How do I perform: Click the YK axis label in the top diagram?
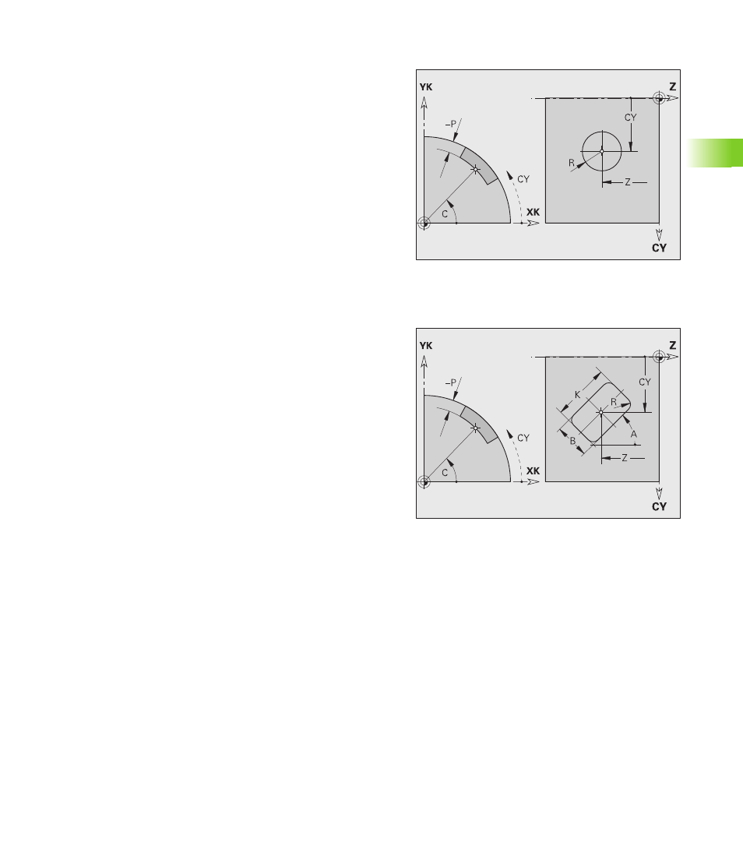(426, 87)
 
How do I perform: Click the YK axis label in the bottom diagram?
(426, 346)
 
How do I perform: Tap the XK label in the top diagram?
(533, 212)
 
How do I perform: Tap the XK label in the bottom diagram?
(533, 471)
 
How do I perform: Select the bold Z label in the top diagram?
(673, 86)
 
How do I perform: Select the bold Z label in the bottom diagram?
(673, 346)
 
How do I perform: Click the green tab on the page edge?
(715, 153)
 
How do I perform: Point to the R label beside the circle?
(572, 163)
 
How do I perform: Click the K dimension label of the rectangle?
(577, 395)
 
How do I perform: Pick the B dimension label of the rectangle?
(572, 441)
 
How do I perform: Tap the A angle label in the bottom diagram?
(634, 435)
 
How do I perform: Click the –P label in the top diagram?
(451, 124)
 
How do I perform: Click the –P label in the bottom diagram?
(451, 382)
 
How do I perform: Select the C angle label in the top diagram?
(445, 214)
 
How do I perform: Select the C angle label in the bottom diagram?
(445, 473)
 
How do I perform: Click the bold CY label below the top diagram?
(659, 248)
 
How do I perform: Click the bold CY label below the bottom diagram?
(659, 507)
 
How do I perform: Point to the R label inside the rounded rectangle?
(614, 402)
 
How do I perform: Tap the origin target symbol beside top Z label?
(659, 98)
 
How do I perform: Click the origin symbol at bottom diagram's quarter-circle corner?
(424, 481)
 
